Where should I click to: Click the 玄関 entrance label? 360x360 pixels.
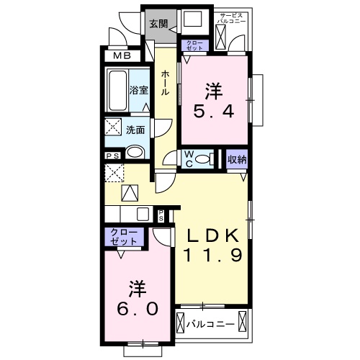click(158, 23)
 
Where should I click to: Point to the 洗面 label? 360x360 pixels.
click(135, 130)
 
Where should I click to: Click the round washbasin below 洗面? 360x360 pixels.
click(135, 152)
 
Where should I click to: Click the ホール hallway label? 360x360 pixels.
click(165, 83)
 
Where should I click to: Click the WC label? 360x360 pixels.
click(187, 158)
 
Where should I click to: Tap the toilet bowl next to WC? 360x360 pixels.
click(206, 159)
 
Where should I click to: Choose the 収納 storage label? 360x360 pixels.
click(237, 159)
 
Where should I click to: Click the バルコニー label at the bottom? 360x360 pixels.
click(210, 324)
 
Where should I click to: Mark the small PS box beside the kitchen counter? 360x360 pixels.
click(161, 215)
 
